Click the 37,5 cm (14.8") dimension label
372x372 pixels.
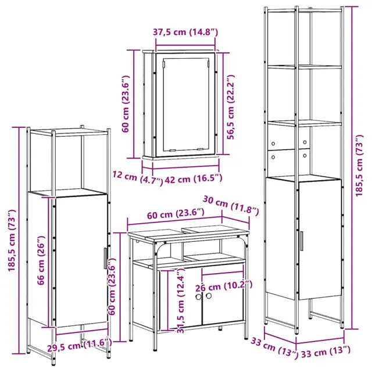coord(185,32)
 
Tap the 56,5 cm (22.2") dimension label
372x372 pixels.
coord(230,107)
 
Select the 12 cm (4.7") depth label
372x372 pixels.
coord(138,178)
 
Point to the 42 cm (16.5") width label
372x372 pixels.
coord(194,178)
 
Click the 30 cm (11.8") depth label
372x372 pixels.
coord(231,206)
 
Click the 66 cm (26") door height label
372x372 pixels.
coord(41,260)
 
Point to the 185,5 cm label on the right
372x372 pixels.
coord(359,165)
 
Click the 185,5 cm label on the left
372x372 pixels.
coord(12,241)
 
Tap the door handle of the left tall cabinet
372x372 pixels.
coord(105,258)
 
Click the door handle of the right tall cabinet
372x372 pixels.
coord(301,241)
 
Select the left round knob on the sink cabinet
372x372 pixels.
coord(198,296)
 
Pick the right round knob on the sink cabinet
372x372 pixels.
coord(209,296)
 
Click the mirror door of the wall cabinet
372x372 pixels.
coord(185,105)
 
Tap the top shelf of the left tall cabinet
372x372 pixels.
coord(69,133)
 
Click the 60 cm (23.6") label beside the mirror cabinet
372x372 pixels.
coord(126,103)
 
